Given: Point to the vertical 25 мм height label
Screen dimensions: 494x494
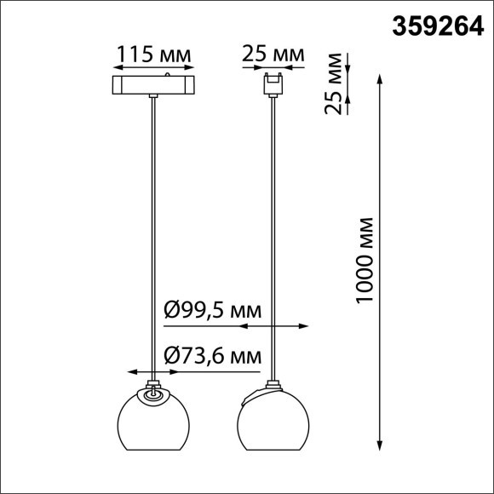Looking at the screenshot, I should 337,83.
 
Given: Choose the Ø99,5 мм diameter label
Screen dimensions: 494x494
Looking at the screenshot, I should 210,311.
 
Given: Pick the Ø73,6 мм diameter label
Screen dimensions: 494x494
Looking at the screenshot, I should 210,355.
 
